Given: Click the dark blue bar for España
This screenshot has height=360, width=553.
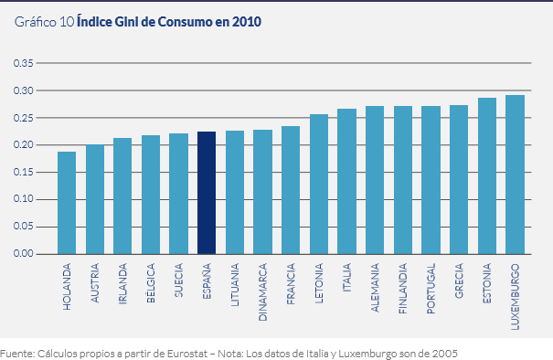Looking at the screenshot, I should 207,193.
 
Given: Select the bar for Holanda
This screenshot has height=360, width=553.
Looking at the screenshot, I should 67,203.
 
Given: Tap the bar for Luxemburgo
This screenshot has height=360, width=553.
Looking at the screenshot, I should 515,175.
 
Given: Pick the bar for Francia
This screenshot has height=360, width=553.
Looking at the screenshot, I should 291,190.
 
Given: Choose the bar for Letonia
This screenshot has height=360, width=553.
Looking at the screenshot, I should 319,184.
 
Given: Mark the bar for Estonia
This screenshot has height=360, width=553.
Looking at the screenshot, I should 487,175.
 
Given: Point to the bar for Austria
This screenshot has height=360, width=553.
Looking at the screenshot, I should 95,199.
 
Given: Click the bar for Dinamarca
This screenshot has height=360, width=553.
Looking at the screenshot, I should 262,192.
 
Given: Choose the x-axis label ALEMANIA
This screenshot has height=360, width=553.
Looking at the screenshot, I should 376,290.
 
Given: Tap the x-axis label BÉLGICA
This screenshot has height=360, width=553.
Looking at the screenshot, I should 152,285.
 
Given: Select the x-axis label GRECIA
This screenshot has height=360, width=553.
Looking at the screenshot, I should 460,284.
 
